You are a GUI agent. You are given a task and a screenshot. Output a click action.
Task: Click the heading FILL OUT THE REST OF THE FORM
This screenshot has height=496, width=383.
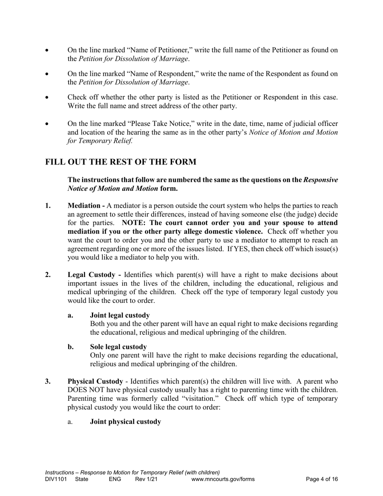tap(121, 162)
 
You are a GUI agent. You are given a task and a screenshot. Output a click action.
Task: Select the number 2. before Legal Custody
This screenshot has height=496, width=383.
tap(48, 275)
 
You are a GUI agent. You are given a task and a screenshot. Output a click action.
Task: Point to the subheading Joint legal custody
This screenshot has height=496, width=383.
tap(120, 315)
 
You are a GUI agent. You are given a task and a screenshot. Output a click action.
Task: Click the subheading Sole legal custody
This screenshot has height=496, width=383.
tap(118, 347)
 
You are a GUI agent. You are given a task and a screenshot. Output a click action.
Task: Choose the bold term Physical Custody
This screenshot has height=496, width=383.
tap(95, 381)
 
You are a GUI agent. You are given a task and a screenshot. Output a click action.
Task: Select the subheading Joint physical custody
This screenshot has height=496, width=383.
tap(125, 422)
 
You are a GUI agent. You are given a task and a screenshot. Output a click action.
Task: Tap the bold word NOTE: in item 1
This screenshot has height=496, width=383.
tap(135, 223)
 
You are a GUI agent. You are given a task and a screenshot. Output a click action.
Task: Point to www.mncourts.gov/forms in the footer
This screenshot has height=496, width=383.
tap(223, 479)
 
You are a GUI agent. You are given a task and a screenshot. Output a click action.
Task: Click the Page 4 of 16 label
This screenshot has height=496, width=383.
tap(322, 479)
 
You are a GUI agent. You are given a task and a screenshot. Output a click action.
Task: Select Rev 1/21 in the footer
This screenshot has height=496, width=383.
tap(146, 479)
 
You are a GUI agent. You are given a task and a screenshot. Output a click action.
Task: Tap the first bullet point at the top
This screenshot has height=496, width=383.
tap(47, 51)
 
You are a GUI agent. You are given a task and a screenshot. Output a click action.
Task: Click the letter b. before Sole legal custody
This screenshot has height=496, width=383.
tap(71, 347)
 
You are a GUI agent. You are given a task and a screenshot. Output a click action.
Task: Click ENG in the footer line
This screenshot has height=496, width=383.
tap(115, 479)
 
